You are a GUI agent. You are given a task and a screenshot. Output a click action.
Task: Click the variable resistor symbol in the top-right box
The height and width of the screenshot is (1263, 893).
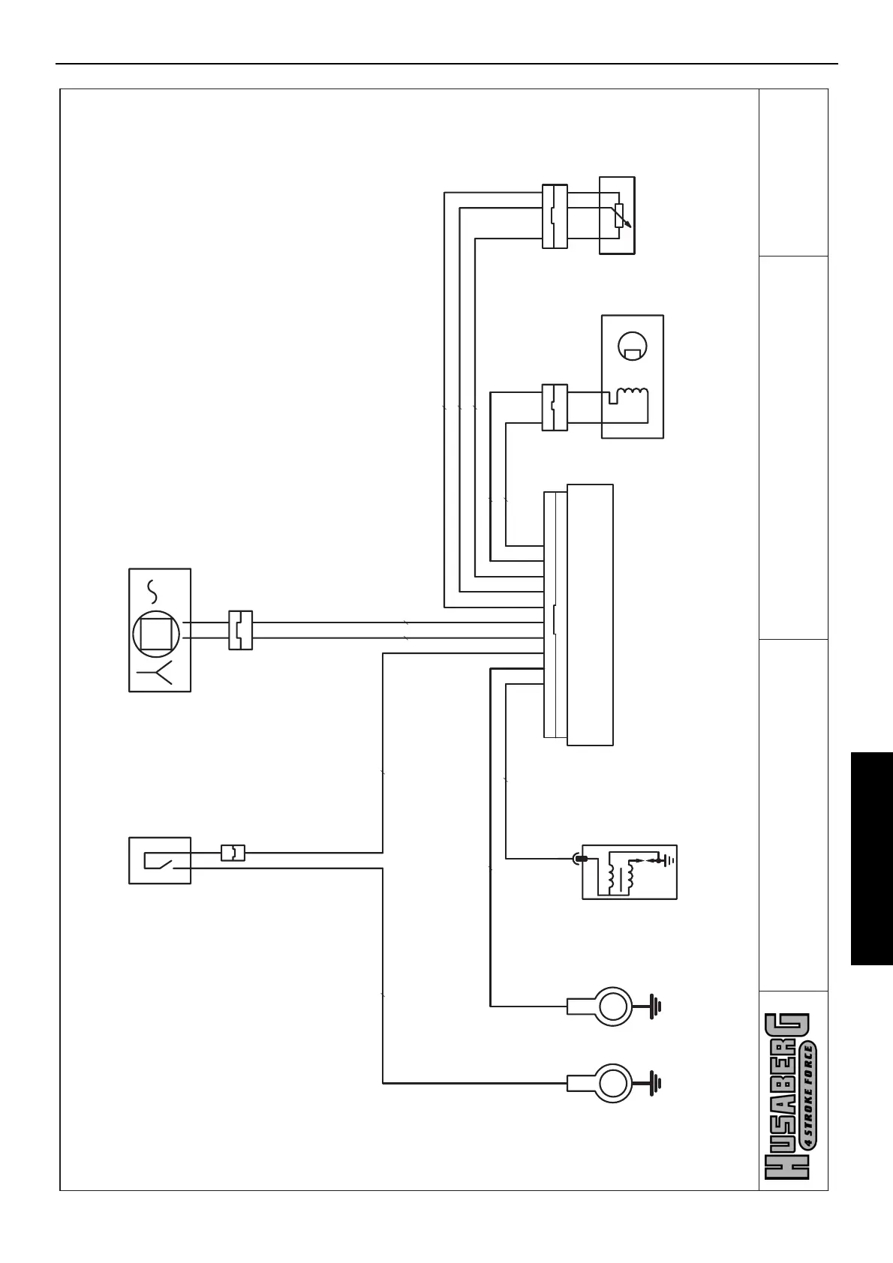pos(619,215)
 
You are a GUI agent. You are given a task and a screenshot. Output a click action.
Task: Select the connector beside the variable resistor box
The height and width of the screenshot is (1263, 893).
pos(554,215)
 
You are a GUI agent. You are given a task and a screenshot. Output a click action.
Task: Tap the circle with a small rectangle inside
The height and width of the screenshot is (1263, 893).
pos(632,346)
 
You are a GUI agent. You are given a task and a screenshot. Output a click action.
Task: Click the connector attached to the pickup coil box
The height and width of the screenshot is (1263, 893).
pos(554,407)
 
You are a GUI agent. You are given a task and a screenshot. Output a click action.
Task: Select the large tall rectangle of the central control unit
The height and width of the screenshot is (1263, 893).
pos(590,614)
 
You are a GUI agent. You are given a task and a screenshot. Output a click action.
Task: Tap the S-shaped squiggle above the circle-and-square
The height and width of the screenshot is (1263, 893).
pos(154,592)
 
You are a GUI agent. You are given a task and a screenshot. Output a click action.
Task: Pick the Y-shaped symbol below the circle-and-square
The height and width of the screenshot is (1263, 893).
pos(159,672)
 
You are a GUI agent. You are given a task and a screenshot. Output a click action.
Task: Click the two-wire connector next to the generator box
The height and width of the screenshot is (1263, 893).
pos(240,630)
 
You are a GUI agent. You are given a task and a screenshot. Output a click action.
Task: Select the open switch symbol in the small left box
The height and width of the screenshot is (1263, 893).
pos(161,859)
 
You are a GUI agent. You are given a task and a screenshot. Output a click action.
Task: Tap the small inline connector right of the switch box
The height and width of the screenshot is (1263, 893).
pos(233,852)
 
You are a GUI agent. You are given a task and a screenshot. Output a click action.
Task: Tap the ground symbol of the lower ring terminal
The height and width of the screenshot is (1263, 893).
pos(654,1082)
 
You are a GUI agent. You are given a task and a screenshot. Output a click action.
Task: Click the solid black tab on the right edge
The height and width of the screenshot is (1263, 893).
pos(872,858)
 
